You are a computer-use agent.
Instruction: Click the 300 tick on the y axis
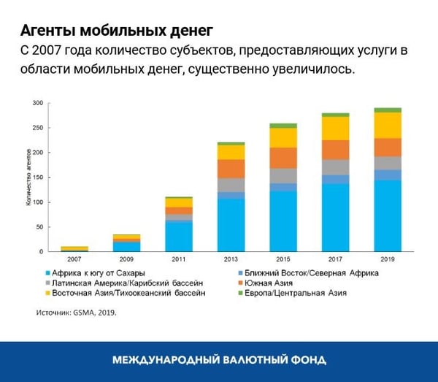click(x=38, y=103)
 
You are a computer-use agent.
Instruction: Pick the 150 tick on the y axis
click(x=38, y=177)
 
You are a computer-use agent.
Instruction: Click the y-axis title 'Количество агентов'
click(x=29, y=177)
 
